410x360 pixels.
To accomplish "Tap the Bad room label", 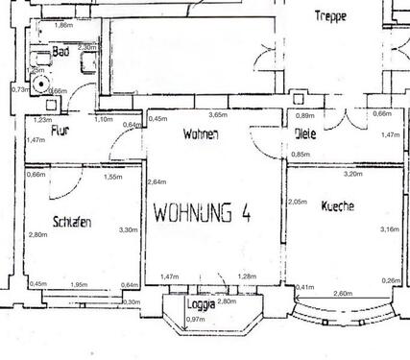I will (x=60, y=54).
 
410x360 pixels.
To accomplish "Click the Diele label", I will (x=305, y=134).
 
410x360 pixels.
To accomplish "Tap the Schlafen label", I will (x=73, y=223).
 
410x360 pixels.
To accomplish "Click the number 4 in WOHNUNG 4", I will (x=246, y=212).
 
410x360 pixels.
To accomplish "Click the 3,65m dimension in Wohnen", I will (x=219, y=115).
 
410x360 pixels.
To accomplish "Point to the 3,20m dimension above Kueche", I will (x=352, y=174).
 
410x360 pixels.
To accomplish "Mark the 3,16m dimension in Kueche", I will (x=390, y=229).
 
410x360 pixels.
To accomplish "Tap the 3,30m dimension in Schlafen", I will (x=127, y=230).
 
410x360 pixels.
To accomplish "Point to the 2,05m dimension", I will (x=297, y=202).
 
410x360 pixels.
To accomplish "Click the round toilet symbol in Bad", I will (x=40, y=84).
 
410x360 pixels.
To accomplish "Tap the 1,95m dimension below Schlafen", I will (x=79, y=284).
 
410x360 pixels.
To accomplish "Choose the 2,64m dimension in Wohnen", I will (x=156, y=181).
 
